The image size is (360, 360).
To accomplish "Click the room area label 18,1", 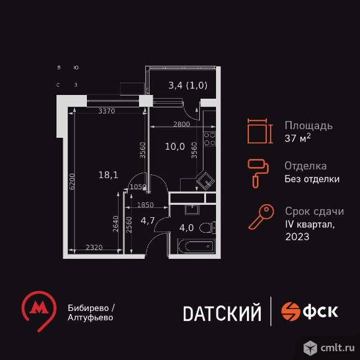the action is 108,175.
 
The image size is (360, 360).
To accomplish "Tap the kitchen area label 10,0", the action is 175,146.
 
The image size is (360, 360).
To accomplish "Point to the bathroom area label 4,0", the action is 186,228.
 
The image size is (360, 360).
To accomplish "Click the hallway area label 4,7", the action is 148,220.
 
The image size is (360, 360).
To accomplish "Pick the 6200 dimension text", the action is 73,181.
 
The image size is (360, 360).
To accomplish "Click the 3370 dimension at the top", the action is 107,111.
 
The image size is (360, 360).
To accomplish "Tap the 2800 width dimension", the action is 182,124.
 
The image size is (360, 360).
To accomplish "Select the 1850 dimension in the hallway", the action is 145,205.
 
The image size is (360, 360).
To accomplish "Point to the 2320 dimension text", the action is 94,247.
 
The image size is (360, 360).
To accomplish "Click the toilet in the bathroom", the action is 207,228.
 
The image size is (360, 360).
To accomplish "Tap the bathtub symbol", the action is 196,246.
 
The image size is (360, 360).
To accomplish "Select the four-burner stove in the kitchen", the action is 210,139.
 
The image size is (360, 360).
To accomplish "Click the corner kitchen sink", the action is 205,181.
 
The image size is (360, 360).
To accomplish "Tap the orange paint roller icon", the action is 258,173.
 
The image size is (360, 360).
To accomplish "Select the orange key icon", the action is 261,217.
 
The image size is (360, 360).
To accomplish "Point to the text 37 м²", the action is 297,138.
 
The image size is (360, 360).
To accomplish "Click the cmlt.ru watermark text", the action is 337,348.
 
